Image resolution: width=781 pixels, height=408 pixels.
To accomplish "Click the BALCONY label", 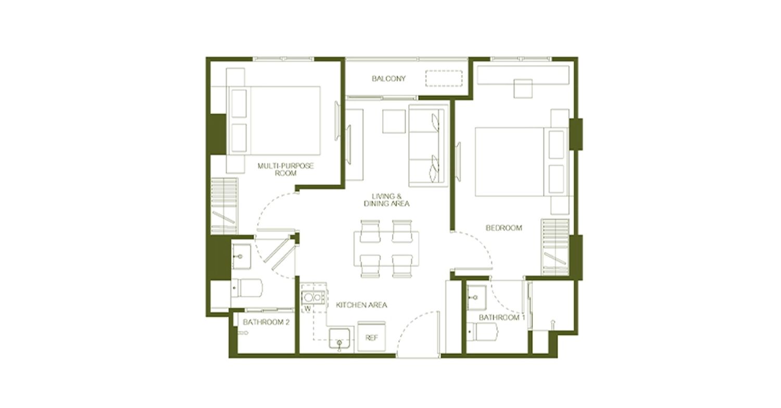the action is tap(389, 79).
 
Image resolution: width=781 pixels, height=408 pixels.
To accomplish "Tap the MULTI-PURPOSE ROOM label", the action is tap(285, 169).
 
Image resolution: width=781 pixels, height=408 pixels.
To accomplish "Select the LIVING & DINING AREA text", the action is tap(386, 200).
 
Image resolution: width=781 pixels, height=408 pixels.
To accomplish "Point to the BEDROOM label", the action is tap(504, 228).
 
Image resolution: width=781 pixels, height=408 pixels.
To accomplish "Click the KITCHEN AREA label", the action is tap(361, 305).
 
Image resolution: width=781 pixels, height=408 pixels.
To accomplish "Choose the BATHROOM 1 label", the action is tap(502, 318).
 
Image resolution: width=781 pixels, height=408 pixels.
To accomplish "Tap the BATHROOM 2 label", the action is tap(267, 322).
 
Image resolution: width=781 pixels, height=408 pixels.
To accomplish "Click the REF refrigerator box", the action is tap(372, 337).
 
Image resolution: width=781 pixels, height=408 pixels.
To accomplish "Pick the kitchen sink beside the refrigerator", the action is tap(339, 338).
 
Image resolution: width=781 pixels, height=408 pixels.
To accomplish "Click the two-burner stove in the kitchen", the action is tap(313, 298).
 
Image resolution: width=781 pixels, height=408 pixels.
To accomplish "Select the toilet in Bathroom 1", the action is tap(482, 331).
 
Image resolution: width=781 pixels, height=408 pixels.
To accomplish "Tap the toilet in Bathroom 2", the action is tap(247, 287).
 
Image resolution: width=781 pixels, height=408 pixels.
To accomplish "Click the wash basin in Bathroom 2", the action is tap(241, 257).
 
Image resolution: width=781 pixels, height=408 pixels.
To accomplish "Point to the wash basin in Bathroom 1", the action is tap(476, 298).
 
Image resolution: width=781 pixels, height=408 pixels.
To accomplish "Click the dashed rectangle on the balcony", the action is tap(444, 79).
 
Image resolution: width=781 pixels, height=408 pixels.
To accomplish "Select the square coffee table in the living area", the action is tap(394, 121).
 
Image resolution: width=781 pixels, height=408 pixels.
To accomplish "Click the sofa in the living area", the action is tap(429, 146).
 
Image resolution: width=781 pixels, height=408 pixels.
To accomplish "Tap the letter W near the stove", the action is tap(308, 309).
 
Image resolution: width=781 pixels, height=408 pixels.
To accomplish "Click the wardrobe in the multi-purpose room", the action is tap(224, 206).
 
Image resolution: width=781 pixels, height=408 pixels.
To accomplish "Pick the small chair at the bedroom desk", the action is tap(523, 88).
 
